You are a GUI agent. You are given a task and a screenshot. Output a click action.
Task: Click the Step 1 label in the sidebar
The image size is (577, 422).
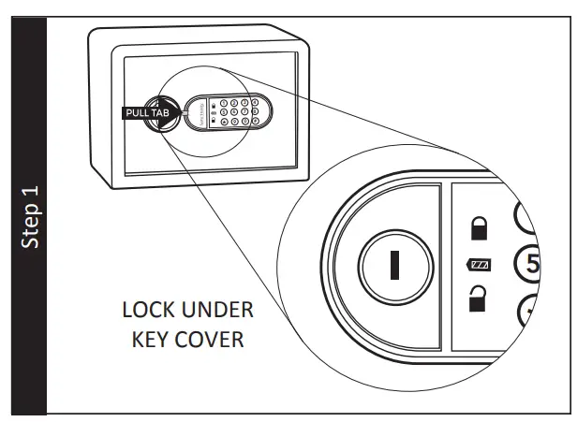click(31, 217)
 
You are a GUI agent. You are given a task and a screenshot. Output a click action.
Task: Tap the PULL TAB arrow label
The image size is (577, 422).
click(146, 113)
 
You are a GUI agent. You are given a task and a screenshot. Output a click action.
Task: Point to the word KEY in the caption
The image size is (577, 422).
click(146, 338)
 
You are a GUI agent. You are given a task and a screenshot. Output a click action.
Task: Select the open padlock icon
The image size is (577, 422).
click(477, 300)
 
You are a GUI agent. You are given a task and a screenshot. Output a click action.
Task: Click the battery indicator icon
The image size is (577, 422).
click(478, 266)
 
